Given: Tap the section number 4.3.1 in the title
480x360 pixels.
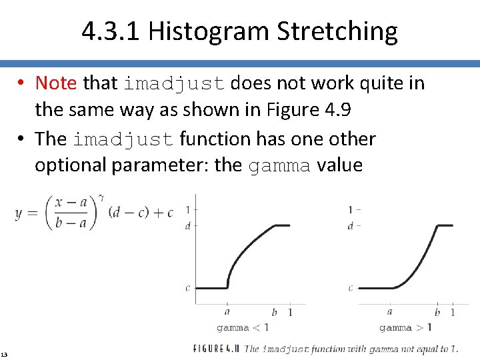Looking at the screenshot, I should (111, 31).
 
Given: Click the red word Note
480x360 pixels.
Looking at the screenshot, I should (56, 83).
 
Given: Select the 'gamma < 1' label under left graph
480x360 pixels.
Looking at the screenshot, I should (243, 327).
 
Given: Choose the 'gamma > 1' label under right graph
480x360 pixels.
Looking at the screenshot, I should (405, 327).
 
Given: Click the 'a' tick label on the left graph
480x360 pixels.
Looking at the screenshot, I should (227, 311).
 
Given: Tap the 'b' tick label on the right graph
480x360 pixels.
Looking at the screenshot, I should (437, 311).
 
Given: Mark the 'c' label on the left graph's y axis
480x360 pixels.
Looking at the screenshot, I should (187, 288).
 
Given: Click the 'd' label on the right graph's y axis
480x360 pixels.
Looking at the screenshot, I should (350, 226).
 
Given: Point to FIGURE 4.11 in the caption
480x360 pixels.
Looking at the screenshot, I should (217, 349).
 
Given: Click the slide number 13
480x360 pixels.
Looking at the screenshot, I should (5, 353).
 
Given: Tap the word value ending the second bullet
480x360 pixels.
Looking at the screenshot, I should (340, 165).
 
